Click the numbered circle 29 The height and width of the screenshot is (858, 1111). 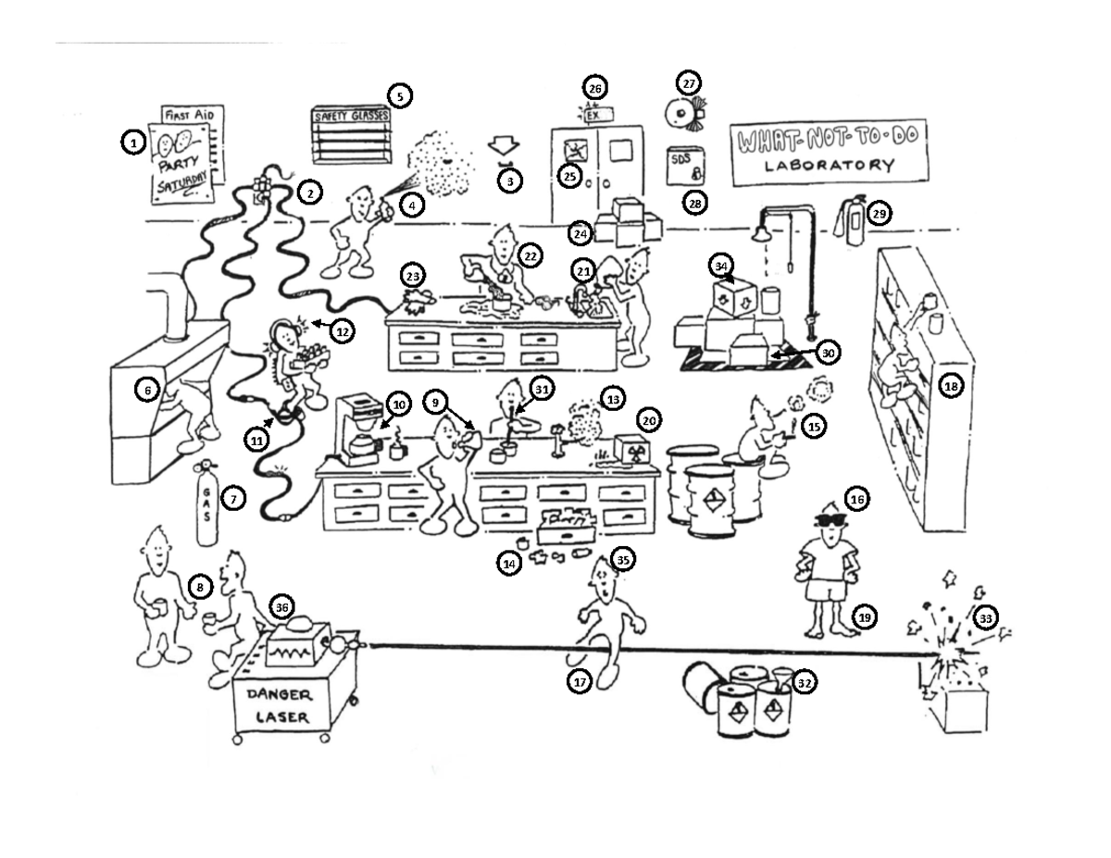point(879,214)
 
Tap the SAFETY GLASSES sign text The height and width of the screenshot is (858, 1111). point(351,117)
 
